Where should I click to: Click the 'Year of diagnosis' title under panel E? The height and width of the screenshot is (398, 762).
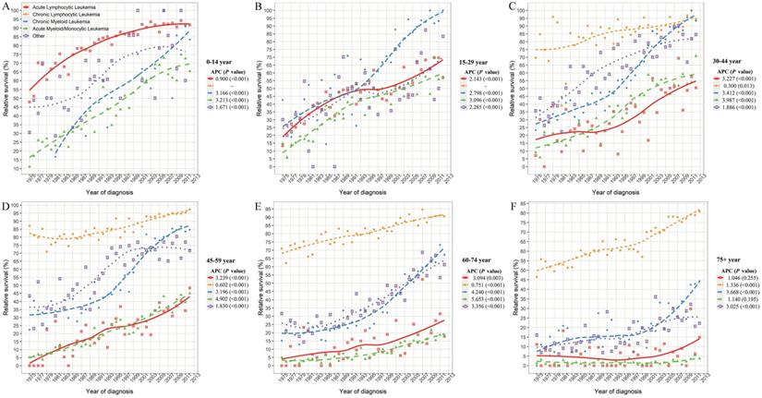point(362,392)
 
